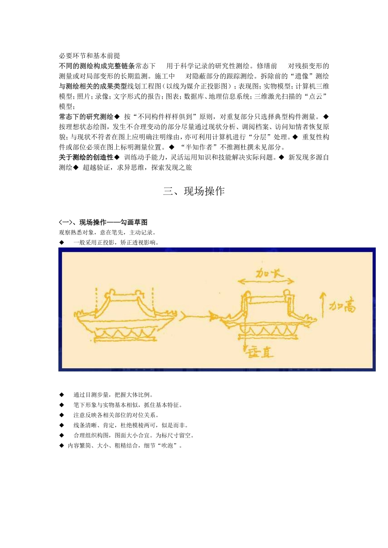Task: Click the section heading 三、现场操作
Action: tap(194, 191)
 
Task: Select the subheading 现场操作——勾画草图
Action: tap(113, 222)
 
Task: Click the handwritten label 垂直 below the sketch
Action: tap(260, 352)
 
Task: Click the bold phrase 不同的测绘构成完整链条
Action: tap(97, 66)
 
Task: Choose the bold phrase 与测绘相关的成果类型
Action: tap(93, 86)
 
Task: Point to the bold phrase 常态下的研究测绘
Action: tap(86, 117)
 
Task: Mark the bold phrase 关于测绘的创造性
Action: tap(86, 157)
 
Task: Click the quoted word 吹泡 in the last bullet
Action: tap(167, 446)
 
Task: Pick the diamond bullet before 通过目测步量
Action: tap(62, 395)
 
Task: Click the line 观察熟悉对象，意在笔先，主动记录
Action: tap(107, 232)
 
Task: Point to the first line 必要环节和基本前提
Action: tap(89, 56)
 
